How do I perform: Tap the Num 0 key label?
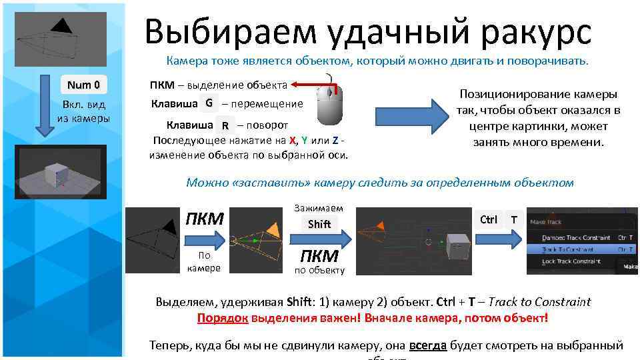click(83, 85)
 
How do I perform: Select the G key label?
click(209, 103)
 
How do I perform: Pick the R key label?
click(225, 125)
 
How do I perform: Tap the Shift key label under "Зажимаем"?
click(319, 224)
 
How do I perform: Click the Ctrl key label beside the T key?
click(489, 219)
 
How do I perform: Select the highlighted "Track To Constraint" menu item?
click(570, 249)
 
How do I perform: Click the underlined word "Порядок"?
click(223, 318)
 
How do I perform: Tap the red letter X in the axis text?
click(293, 140)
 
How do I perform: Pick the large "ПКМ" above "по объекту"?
click(319, 256)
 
